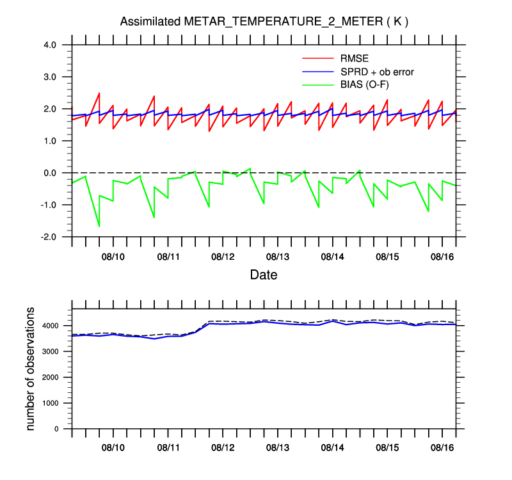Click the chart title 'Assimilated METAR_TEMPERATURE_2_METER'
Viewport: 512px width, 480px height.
(264, 22)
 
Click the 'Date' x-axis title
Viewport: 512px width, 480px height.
(264, 275)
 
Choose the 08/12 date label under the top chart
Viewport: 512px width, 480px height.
(223, 257)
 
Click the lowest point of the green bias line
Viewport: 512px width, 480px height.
(99, 227)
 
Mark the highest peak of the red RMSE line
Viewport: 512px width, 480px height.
(99, 93)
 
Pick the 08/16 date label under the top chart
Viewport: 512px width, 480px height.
(442, 257)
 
